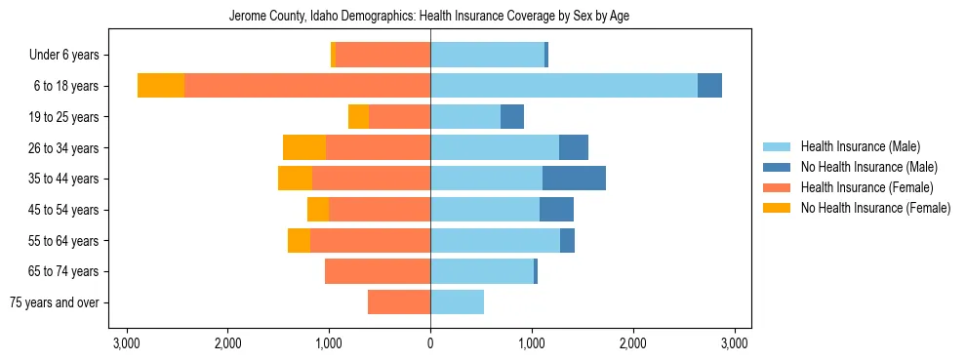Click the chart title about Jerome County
tap(430, 17)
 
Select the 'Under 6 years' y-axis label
tap(70, 56)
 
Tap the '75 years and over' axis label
tap(54, 302)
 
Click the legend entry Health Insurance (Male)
tap(860, 146)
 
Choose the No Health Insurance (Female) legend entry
tap(875, 208)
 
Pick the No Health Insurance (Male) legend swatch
tap(777, 167)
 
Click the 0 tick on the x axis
tap(430, 343)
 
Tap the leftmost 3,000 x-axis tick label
tap(126, 343)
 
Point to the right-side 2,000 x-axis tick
tap(633, 343)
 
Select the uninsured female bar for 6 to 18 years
tap(161, 86)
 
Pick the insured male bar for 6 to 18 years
tap(564, 86)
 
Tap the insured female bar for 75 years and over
tap(399, 302)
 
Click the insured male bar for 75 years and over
tap(457, 302)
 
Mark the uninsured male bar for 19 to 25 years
tap(512, 117)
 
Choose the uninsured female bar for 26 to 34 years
tap(304, 147)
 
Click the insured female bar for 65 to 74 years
tap(378, 271)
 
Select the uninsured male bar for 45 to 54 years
tap(556, 210)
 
